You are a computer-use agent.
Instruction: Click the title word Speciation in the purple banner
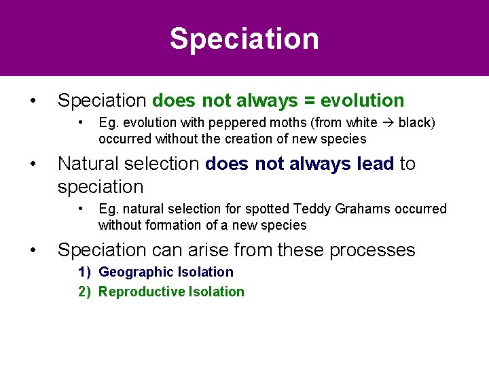tap(244, 39)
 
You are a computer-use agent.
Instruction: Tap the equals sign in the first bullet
tap(309, 101)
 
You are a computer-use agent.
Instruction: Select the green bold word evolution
tap(362, 101)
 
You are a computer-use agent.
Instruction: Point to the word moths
tap(278, 123)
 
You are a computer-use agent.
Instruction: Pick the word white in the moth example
tap(362, 123)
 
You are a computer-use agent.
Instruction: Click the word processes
tap(372, 250)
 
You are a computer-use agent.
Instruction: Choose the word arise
tap(206, 250)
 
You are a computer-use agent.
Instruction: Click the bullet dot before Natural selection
tap(33, 164)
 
